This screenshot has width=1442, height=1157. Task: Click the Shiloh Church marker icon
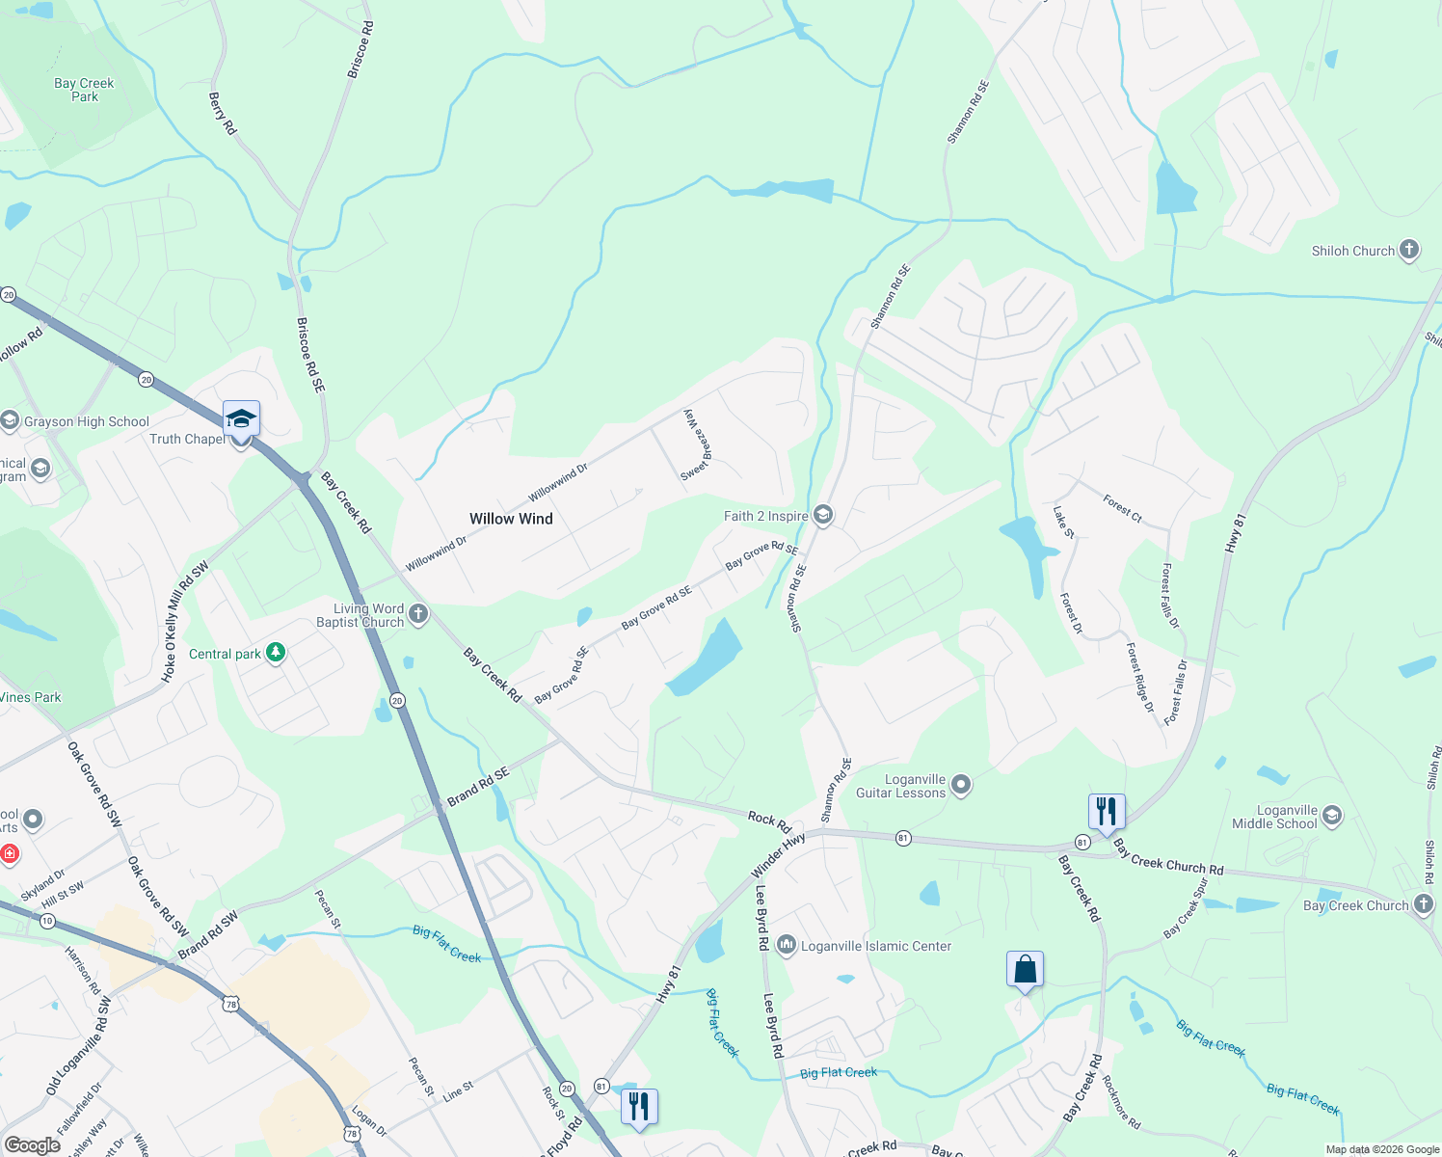coord(1408,250)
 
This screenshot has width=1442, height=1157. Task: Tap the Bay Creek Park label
coord(84,90)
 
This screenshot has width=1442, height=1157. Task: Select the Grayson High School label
coord(87,421)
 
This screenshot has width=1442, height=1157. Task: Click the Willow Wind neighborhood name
coord(511,519)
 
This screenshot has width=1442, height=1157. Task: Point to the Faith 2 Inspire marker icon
coord(822,515)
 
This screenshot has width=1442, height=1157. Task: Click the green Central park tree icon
coord(276,653)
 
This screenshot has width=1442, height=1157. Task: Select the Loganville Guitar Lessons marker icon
coord(960,785)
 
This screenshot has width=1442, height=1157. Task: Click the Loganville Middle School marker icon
coord(1331,816)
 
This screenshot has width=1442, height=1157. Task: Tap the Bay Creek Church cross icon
coord(1423,904)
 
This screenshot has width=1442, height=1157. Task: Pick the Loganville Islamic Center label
coord(876,946)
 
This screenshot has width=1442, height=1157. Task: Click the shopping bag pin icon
coord(1025,969)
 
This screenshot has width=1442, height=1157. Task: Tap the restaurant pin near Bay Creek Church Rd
coord(1106,811)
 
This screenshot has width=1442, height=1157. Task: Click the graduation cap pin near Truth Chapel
coord(241,419)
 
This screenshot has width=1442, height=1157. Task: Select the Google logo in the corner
coord(32,1144)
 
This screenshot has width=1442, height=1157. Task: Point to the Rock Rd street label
coord(769,821)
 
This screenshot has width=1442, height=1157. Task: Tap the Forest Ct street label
coord(1122,508)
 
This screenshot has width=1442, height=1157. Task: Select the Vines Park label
coord(31,697)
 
